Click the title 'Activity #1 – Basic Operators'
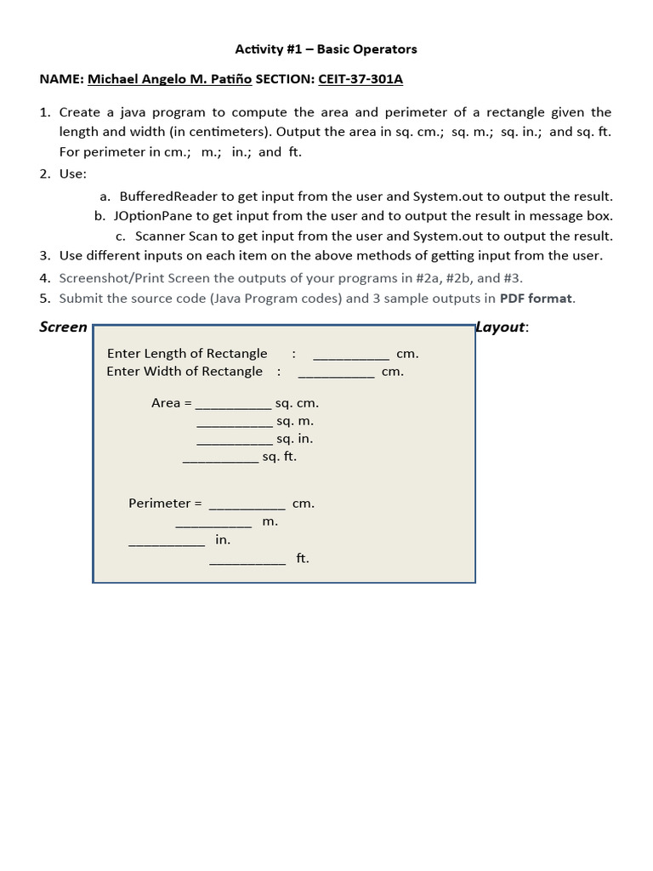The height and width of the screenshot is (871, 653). (326, 49)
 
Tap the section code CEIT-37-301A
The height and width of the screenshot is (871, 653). (361, 79)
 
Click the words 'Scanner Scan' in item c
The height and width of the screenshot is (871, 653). (173, 236)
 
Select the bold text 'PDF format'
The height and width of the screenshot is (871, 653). (537, 298)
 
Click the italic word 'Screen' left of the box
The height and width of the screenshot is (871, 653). (63, 327)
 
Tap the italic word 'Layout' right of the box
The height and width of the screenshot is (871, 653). (500, 327)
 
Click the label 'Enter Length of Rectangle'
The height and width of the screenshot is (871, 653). (187, 353)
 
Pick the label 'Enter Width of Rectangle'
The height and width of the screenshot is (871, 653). (185, 371)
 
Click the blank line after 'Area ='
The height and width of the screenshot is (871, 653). (234, 406)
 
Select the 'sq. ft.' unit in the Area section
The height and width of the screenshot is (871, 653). (280, 457)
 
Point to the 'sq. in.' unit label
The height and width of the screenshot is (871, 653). (294, 439)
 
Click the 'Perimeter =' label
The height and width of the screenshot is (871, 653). (165, 504)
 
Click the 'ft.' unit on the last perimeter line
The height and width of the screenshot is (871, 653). (303, 558)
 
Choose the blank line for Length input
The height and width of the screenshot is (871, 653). (351, 356)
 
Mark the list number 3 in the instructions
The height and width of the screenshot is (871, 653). (44, 255)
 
